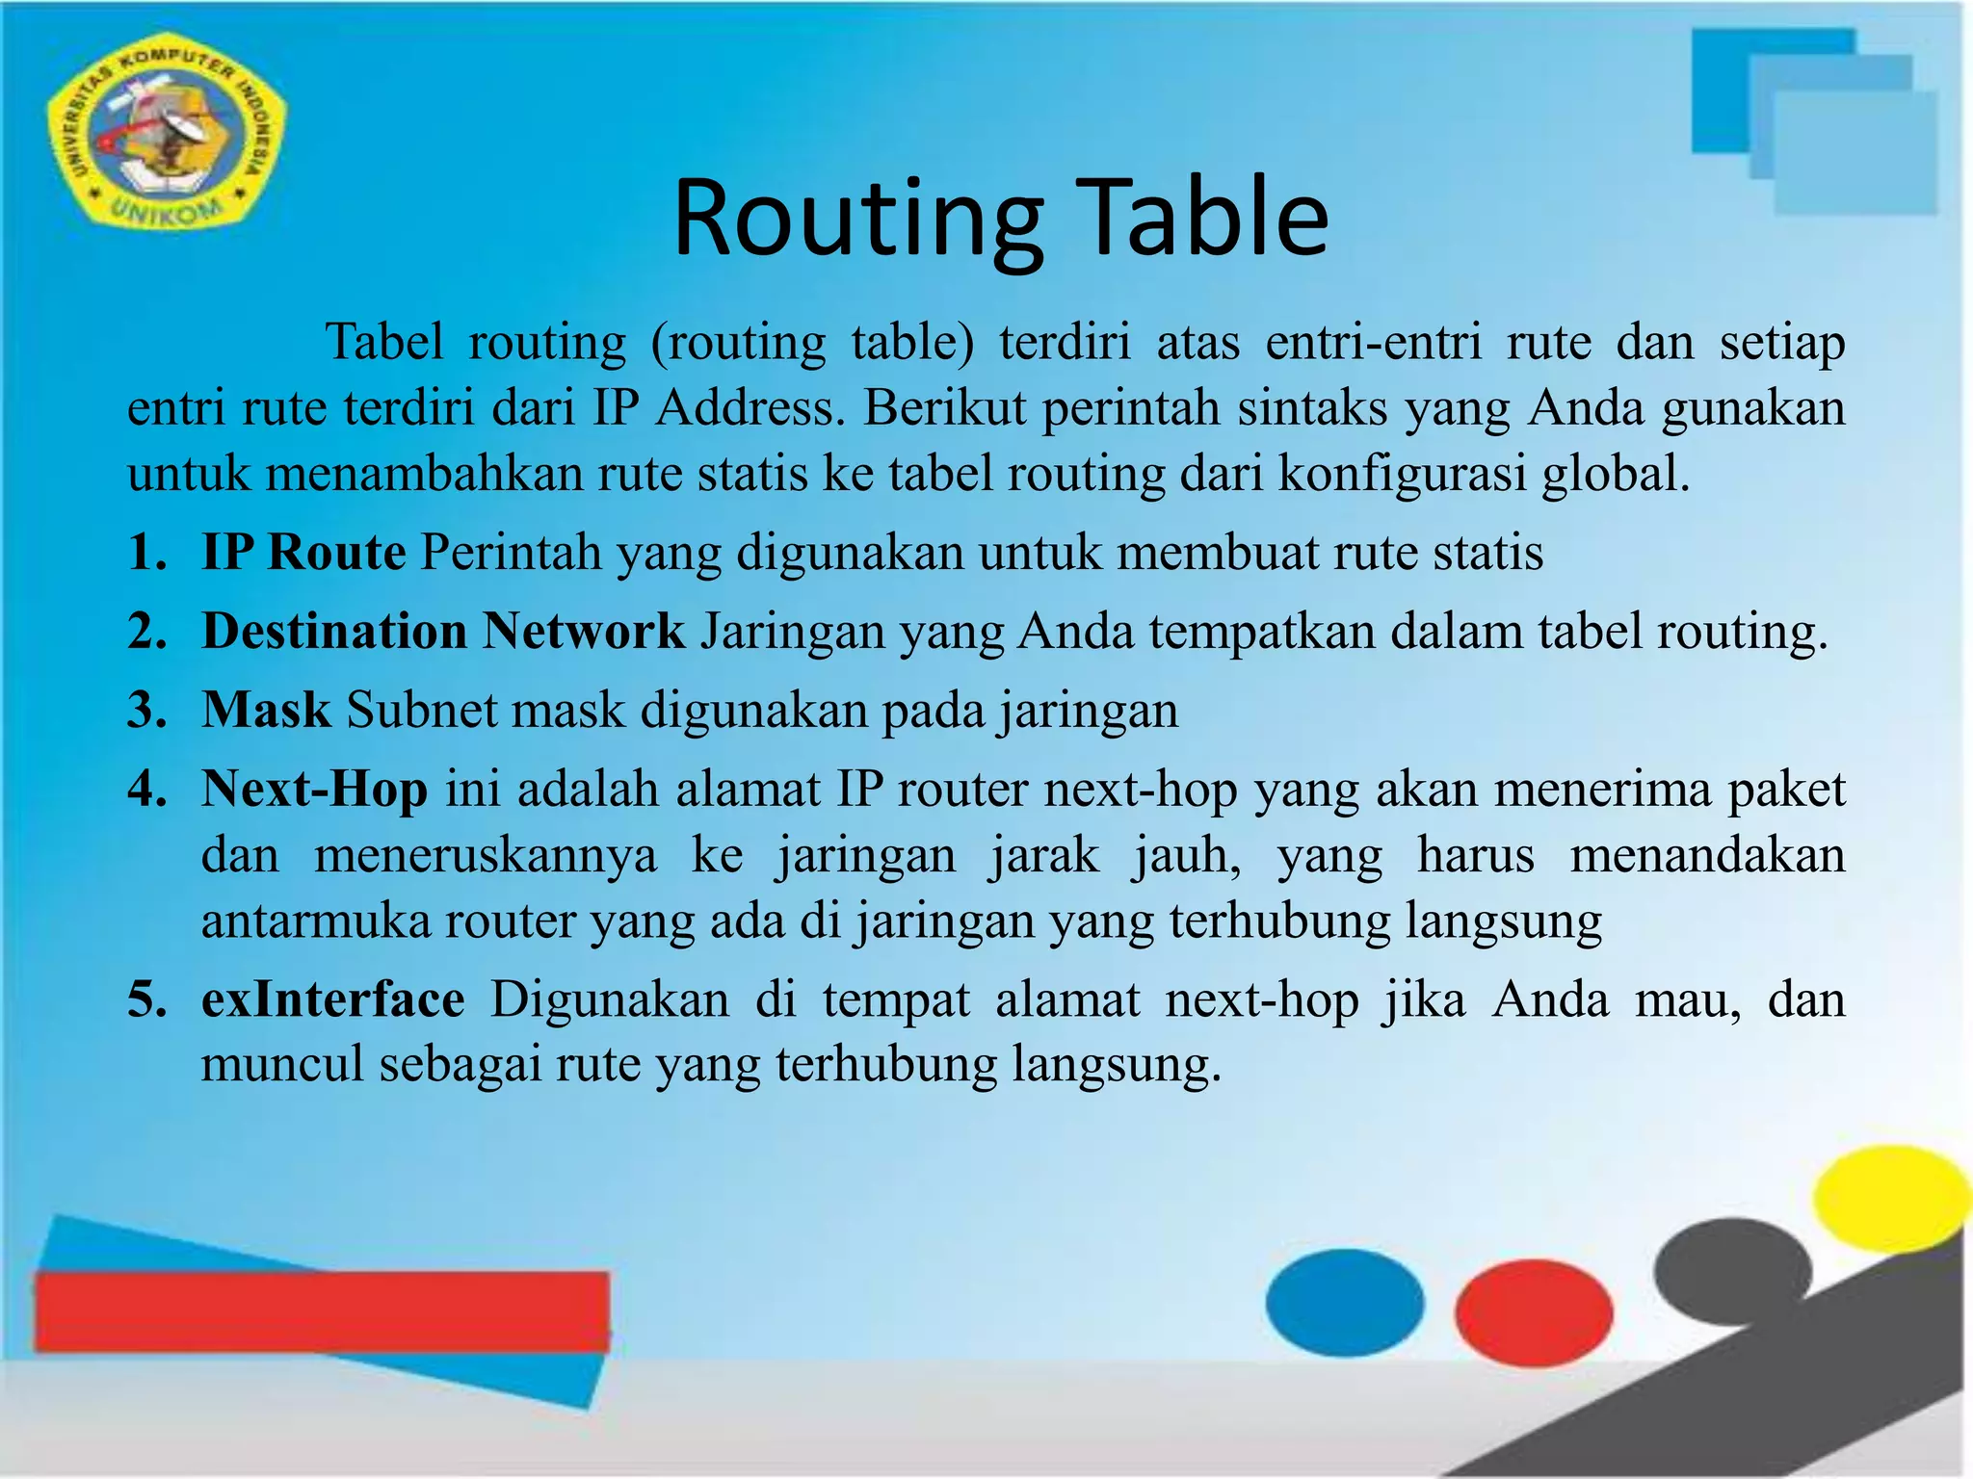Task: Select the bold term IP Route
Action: click(x=303, y=553)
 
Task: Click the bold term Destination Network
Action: click(x=442, y=632)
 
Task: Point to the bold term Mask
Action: click(x=266, y=711)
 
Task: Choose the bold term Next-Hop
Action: click(x=314, y=790)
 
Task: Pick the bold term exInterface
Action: click(x=332, y=999)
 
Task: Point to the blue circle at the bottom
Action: click(x=1344, y=1302)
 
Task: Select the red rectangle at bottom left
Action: click(x=322, y=1310)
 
